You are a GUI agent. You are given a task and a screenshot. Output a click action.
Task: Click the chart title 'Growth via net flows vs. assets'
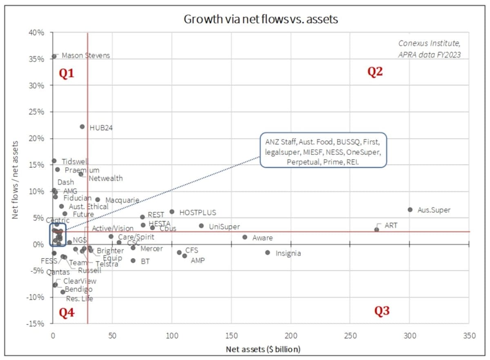click(261, 19)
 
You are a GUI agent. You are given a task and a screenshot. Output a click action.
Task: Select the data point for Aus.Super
click(410, 210)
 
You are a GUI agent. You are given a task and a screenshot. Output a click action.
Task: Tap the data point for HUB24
click(82, 127)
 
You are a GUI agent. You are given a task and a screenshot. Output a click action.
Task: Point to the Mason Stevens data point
click(54, 56)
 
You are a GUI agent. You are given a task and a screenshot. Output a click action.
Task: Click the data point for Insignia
click(267, 253)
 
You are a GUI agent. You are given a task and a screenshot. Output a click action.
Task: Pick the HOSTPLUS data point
click(172, 212)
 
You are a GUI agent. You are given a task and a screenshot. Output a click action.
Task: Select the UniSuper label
click(224, 227)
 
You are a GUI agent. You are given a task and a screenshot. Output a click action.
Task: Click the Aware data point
click(245, 237)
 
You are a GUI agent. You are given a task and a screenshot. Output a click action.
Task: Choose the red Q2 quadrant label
click(375, 72)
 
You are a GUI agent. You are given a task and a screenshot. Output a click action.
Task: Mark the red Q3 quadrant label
click(382, 311)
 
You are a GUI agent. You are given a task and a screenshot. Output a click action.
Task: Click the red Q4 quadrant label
click(67, 313)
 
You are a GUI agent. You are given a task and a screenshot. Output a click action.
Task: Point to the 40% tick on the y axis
click(36, 32)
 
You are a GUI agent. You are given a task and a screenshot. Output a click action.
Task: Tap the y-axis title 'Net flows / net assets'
click(15, 180)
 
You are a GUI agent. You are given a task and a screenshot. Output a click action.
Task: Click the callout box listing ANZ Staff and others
click(323, 150)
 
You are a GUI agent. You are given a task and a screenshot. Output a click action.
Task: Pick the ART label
click(391, 225)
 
